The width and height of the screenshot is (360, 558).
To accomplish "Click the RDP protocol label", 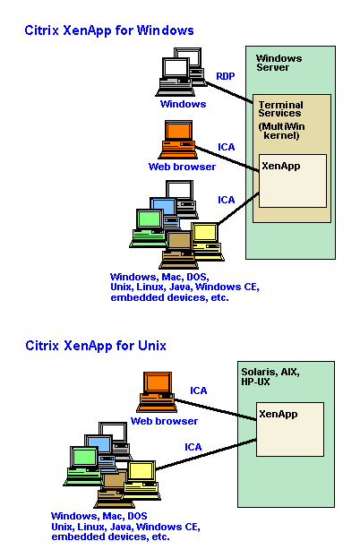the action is (x=226, y=76).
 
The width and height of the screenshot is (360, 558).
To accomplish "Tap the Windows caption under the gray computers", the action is (x=183, y=104).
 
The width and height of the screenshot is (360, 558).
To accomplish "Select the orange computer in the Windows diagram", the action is (x=178, y=140).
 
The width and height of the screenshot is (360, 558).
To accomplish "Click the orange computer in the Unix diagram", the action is (x=157, y=391).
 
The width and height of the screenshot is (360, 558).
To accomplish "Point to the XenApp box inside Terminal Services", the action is (x=293, y=181).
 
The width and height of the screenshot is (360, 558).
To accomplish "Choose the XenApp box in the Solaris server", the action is (x=290, y=429).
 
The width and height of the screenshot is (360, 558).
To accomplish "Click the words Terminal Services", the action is (x=280, y=109).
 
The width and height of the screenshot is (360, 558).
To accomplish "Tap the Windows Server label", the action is (x=279, y=63).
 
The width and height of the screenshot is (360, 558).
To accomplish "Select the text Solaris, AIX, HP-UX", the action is (x=270, y=377).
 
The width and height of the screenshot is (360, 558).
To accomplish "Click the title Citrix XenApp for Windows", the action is (x=109, y=30).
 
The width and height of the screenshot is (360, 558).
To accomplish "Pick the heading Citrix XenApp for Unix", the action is (x=96, y=346).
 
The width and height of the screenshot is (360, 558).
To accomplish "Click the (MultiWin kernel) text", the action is (x=281, y=131).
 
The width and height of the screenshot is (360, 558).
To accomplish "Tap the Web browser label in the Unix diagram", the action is (x=164, y=421).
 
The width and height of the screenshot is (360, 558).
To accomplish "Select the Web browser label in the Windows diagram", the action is (x=182, y=167).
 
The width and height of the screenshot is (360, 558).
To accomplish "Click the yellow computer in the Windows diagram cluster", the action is (x=208, y=242).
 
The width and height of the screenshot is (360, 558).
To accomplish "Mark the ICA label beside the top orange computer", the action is (x=227, y=147).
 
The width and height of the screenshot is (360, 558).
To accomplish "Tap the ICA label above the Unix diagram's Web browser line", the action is (x=199, y=391).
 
